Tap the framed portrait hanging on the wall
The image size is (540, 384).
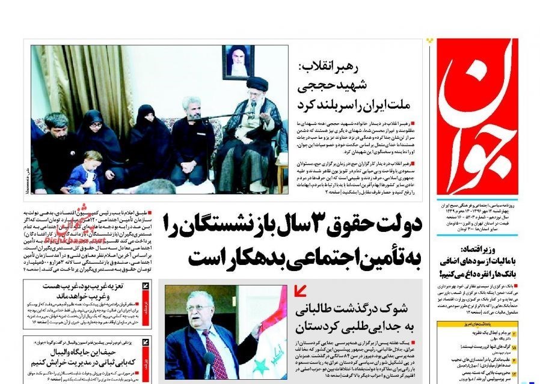point(238,62)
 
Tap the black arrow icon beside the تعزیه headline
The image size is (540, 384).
point(146,288)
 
